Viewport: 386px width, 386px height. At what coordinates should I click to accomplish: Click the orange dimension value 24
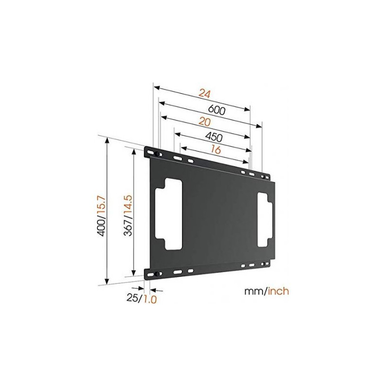pos(205,94)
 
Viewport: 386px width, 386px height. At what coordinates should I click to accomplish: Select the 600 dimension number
pos(216,110)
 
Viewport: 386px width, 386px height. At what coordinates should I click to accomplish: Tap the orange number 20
pos(204,122)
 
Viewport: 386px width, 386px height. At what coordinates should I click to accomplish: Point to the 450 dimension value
pos(213,137)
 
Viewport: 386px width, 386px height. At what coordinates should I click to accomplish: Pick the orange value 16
pos(216,149)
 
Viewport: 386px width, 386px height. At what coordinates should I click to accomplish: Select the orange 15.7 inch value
pos(102,206)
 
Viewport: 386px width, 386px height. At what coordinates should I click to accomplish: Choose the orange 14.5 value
pos(128,206)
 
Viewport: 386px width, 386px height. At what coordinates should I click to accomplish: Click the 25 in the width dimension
pos(132,298)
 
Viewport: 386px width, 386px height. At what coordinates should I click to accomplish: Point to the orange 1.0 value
pos(150,299)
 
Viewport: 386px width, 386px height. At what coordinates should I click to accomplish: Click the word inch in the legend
pos(278,291)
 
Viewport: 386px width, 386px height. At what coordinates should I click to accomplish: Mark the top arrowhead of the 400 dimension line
pos(107,140)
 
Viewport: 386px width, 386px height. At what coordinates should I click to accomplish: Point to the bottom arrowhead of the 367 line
pos(134,273)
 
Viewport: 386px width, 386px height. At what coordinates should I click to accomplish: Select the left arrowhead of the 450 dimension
pos(178,135)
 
